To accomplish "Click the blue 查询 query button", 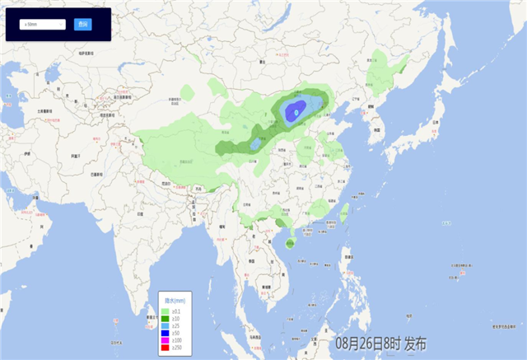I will (82, 25).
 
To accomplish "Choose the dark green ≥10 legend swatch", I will (166, 316).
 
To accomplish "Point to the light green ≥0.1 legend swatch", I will (166, 310).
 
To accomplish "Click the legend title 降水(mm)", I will (175, 301).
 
